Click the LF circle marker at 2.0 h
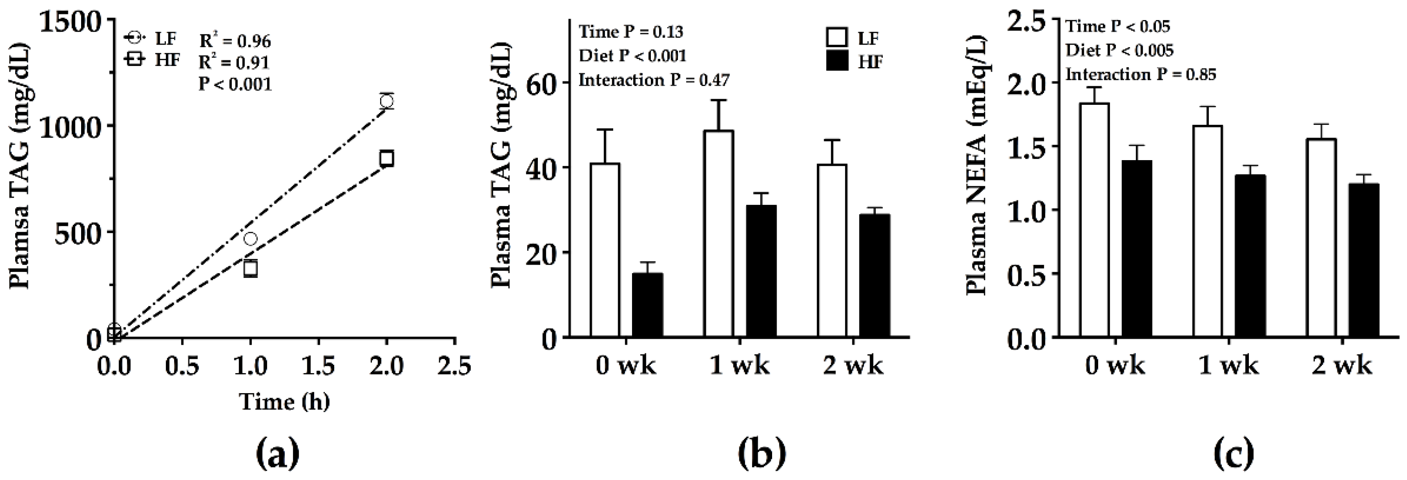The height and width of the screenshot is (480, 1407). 387,101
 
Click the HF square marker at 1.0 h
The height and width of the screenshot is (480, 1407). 250,268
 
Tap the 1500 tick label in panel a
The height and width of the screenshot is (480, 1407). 74,23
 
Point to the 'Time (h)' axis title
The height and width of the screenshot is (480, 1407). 285,402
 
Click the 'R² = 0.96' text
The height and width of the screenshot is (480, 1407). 235,41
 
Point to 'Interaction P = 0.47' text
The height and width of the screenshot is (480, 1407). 654,81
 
